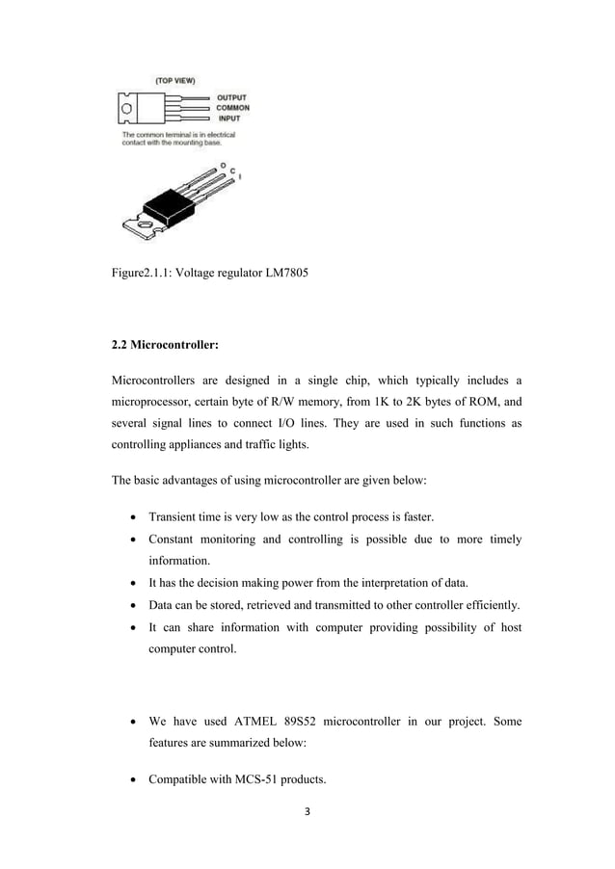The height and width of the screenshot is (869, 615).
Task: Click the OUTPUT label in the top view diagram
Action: [231, 97]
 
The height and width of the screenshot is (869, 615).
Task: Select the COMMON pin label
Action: [232, 108]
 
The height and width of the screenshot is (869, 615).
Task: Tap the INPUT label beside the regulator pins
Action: [227, 118]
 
